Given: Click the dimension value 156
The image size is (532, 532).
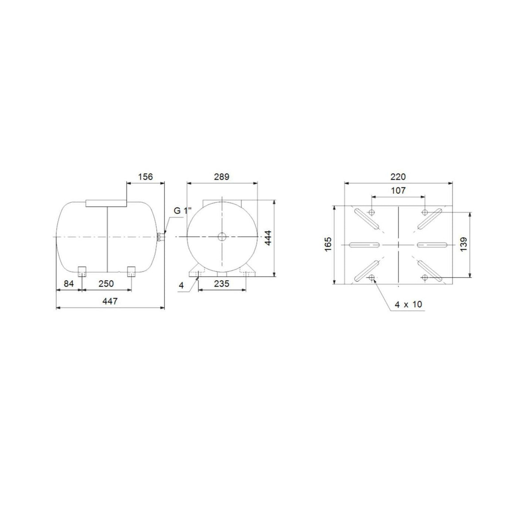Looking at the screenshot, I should pos(145,176).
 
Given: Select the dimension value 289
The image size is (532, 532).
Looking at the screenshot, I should pos(222,176).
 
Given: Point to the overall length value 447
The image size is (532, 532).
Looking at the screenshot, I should pos(110,301).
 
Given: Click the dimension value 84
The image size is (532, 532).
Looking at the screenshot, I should pos(68,284).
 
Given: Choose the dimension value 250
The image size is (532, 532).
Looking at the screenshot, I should pos(106,284).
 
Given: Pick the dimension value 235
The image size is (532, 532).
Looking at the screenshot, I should pos(221,284).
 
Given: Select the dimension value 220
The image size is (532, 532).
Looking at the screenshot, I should pos(398,176).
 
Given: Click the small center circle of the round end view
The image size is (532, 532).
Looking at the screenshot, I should pos(222,238).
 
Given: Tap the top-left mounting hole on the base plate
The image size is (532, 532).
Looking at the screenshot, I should pos(372,211).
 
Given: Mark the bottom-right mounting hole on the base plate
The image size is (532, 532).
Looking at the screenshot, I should pos(425,278).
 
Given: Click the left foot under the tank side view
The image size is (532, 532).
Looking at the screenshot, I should pos(82,271).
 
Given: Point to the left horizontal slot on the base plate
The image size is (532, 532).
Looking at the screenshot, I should pos(364,245).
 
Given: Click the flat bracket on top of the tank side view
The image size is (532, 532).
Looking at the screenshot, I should pos(106,203).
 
